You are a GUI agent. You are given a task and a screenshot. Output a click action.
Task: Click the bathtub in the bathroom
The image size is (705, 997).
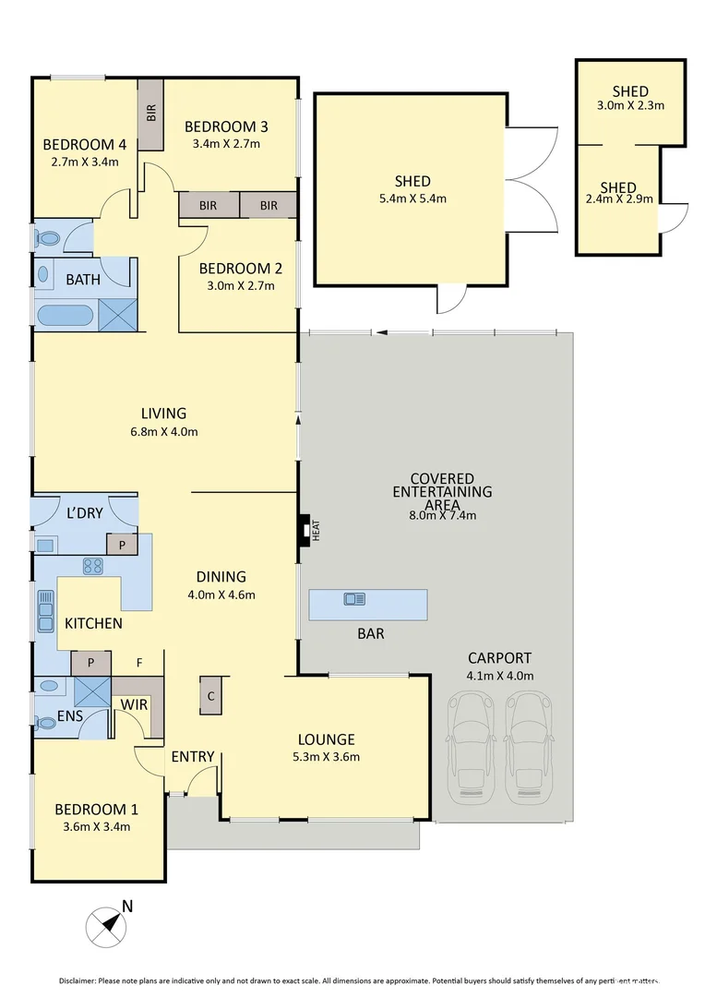[65, 317]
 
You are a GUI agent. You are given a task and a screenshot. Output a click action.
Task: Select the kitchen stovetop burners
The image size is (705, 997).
[92, 566]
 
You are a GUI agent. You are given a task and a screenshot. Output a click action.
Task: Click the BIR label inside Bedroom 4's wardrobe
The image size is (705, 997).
[150, 114]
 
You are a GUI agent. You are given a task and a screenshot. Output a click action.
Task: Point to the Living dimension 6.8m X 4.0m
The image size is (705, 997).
[163, 431]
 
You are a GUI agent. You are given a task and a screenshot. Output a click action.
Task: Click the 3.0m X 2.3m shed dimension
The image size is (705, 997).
[630, 105]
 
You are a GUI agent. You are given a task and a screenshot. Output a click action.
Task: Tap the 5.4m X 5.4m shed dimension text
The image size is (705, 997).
[411, 198]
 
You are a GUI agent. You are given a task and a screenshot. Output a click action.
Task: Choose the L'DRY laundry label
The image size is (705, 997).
[84, 513]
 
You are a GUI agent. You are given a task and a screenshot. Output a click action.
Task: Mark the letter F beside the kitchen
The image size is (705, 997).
[139, 662]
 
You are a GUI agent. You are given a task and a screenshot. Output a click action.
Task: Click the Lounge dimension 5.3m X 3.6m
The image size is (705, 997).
[326, 757]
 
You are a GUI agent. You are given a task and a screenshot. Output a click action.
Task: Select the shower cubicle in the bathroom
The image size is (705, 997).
[117, 315]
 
